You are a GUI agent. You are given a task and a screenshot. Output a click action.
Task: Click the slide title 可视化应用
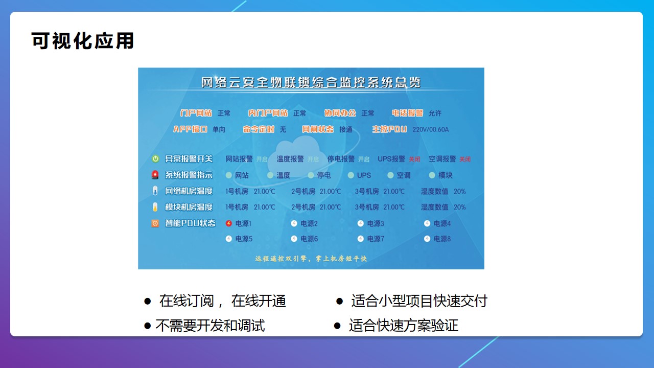[x=83, y=41]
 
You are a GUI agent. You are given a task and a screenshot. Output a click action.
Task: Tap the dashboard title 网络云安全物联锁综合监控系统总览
[x=311, y=82]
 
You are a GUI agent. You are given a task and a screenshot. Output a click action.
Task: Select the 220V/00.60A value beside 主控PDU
[x=430, y=129]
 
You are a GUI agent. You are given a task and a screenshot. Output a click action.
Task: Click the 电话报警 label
[x=408, y=113]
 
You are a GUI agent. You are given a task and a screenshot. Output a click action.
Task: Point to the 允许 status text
[x=435, y=113]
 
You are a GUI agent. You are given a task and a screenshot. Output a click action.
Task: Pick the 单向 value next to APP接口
[x=219, y=129]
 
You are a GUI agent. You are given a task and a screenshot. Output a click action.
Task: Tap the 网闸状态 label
[x=317, y=129]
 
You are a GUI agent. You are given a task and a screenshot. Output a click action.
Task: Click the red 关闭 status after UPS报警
[x=414, y=159]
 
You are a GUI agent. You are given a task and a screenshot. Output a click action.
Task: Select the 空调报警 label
[x=442, y=159]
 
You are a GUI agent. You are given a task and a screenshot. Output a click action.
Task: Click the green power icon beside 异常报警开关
[x=155, y=159]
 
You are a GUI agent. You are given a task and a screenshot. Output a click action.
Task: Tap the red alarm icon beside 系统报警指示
[x=155, y=175]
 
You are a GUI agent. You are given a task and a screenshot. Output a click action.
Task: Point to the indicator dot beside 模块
[x=432, y=175]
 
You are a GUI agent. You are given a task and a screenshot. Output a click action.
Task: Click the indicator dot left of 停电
[x=311, y=175]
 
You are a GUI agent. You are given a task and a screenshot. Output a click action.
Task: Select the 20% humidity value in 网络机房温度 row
[x=459, y=192]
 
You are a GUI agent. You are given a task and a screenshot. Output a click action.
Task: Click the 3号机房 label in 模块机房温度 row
[x=367, y=207]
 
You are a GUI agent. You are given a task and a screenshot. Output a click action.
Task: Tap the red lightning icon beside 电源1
[x=229, y=223]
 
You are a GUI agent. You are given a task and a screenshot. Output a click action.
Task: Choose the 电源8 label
[x=442, y=239]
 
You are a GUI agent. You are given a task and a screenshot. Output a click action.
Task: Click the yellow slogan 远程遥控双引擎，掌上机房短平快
[x=311, y=259]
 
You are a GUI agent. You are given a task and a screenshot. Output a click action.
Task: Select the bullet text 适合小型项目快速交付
[x=419, y=301]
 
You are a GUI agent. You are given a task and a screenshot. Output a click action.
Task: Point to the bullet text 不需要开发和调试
[x=210, y=326]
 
